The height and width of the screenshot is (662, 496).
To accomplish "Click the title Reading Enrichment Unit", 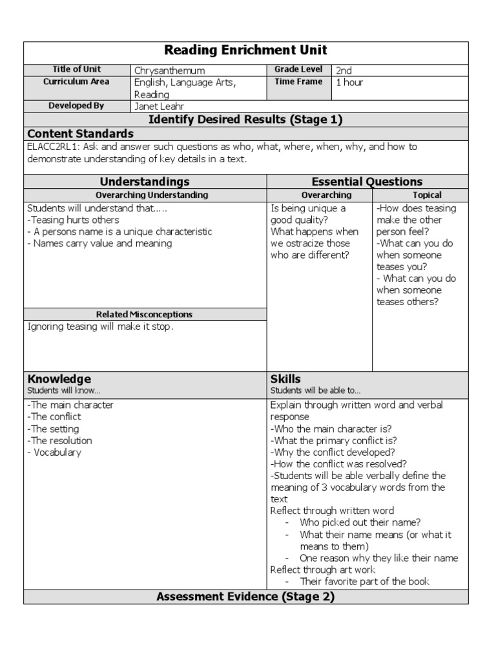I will [x=245, y=50].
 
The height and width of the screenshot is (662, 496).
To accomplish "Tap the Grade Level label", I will [x=298, y=69].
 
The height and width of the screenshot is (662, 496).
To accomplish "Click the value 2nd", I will [x=344, y=70].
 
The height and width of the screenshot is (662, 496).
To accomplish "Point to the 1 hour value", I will [x=349, y=82].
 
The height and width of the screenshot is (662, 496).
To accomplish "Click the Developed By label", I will [x=77, y=105].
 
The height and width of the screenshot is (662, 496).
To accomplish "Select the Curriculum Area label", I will [x=77, y=81].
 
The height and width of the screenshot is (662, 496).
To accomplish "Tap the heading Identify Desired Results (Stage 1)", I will [x=245, y=120].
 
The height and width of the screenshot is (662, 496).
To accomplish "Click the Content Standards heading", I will [x=81, y=134].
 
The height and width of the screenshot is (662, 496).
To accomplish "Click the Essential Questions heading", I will [x=367, y=182].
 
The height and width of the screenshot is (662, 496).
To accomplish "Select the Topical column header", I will [x=427, y=195].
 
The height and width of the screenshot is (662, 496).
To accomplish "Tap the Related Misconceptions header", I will [x=144, y=314].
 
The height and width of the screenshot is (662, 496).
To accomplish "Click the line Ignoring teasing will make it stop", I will [x=100, y=326].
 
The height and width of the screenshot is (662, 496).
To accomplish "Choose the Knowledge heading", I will [x=59, y=379].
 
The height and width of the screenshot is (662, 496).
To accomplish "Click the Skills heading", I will [x=285, y=379].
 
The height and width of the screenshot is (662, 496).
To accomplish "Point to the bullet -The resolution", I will [x=59, y=441].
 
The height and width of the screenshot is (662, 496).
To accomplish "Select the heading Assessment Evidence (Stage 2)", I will [x=245, y=597].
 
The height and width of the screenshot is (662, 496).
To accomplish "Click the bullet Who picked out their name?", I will [x=360, y=522].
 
